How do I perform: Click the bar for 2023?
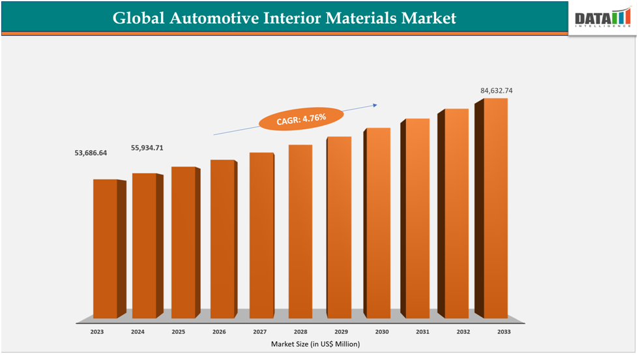tap(105, 248)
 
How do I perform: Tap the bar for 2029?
tap(338, 228)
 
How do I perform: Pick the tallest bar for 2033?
tap(495, 209)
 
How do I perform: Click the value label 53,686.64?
tap(91, 153)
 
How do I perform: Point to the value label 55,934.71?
tap(147, 148)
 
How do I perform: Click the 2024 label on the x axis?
tap(138, 332)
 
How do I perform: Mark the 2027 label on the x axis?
tap(259, 332)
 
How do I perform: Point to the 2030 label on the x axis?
tap(382, 332)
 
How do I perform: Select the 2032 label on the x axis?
tap(463, 332)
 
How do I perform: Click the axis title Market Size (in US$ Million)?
tap(315, 344)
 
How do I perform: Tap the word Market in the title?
tap(426, 18)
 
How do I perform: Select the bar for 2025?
tap(183, 242)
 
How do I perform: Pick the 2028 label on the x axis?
tap(300, 332)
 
